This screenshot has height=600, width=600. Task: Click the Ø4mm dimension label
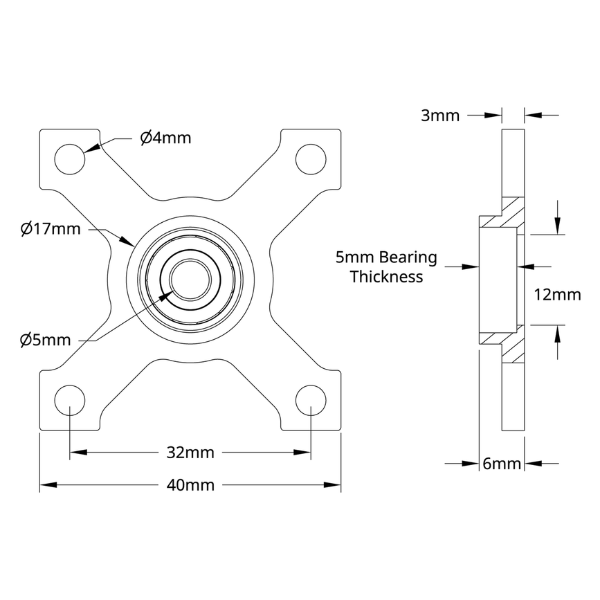tap(165, 138)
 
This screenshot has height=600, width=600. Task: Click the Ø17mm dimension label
tap(51, 228)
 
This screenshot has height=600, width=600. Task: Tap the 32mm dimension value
tap(190, 453)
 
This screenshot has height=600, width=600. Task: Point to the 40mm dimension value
tap(190, 485)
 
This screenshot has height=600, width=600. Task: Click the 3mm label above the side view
tap(440, 116)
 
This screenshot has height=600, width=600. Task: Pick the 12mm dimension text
tap(558, 295)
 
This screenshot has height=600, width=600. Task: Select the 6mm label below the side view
tap(502, 464)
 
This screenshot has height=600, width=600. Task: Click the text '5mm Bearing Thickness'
tap(386, 267)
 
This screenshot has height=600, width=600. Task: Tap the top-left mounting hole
tap(70, 158)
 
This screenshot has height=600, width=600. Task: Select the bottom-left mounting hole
tap(70, 400)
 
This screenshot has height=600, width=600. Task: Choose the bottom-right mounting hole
tap(311, 400)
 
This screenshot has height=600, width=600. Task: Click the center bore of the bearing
tap(190, 279)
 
